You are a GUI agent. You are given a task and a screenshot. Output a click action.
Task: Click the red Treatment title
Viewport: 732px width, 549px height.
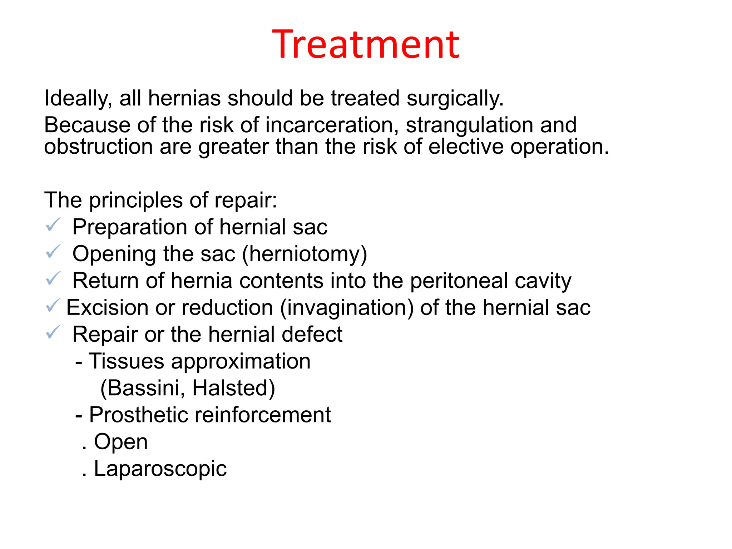[x=366, y=44]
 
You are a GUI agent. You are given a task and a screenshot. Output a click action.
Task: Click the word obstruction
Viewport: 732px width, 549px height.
[x=98, y=147]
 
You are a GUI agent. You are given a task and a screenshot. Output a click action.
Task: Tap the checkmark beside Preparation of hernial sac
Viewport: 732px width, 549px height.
[x=53, y=225]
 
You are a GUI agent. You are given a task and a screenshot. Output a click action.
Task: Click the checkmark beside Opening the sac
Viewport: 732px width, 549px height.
[x=53, y=252]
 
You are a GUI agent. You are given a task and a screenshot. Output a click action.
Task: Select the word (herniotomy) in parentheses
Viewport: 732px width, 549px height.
[x=305, y=254]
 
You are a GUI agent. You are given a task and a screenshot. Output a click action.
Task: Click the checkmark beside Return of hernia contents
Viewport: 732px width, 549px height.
[x=53, y=279]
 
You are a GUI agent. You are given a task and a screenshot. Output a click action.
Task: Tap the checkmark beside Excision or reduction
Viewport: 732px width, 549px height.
[x=53, y=306]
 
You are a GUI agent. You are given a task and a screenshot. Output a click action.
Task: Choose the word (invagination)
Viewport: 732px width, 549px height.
[x=347, y=308]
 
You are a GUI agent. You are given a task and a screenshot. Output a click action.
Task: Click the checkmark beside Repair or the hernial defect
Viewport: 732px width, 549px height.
[x=53, y=332]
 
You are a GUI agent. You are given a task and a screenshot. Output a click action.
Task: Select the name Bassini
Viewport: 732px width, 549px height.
[x=143, y=388]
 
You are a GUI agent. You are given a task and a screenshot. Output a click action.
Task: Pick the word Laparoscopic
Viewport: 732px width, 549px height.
[x=160, y=469]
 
